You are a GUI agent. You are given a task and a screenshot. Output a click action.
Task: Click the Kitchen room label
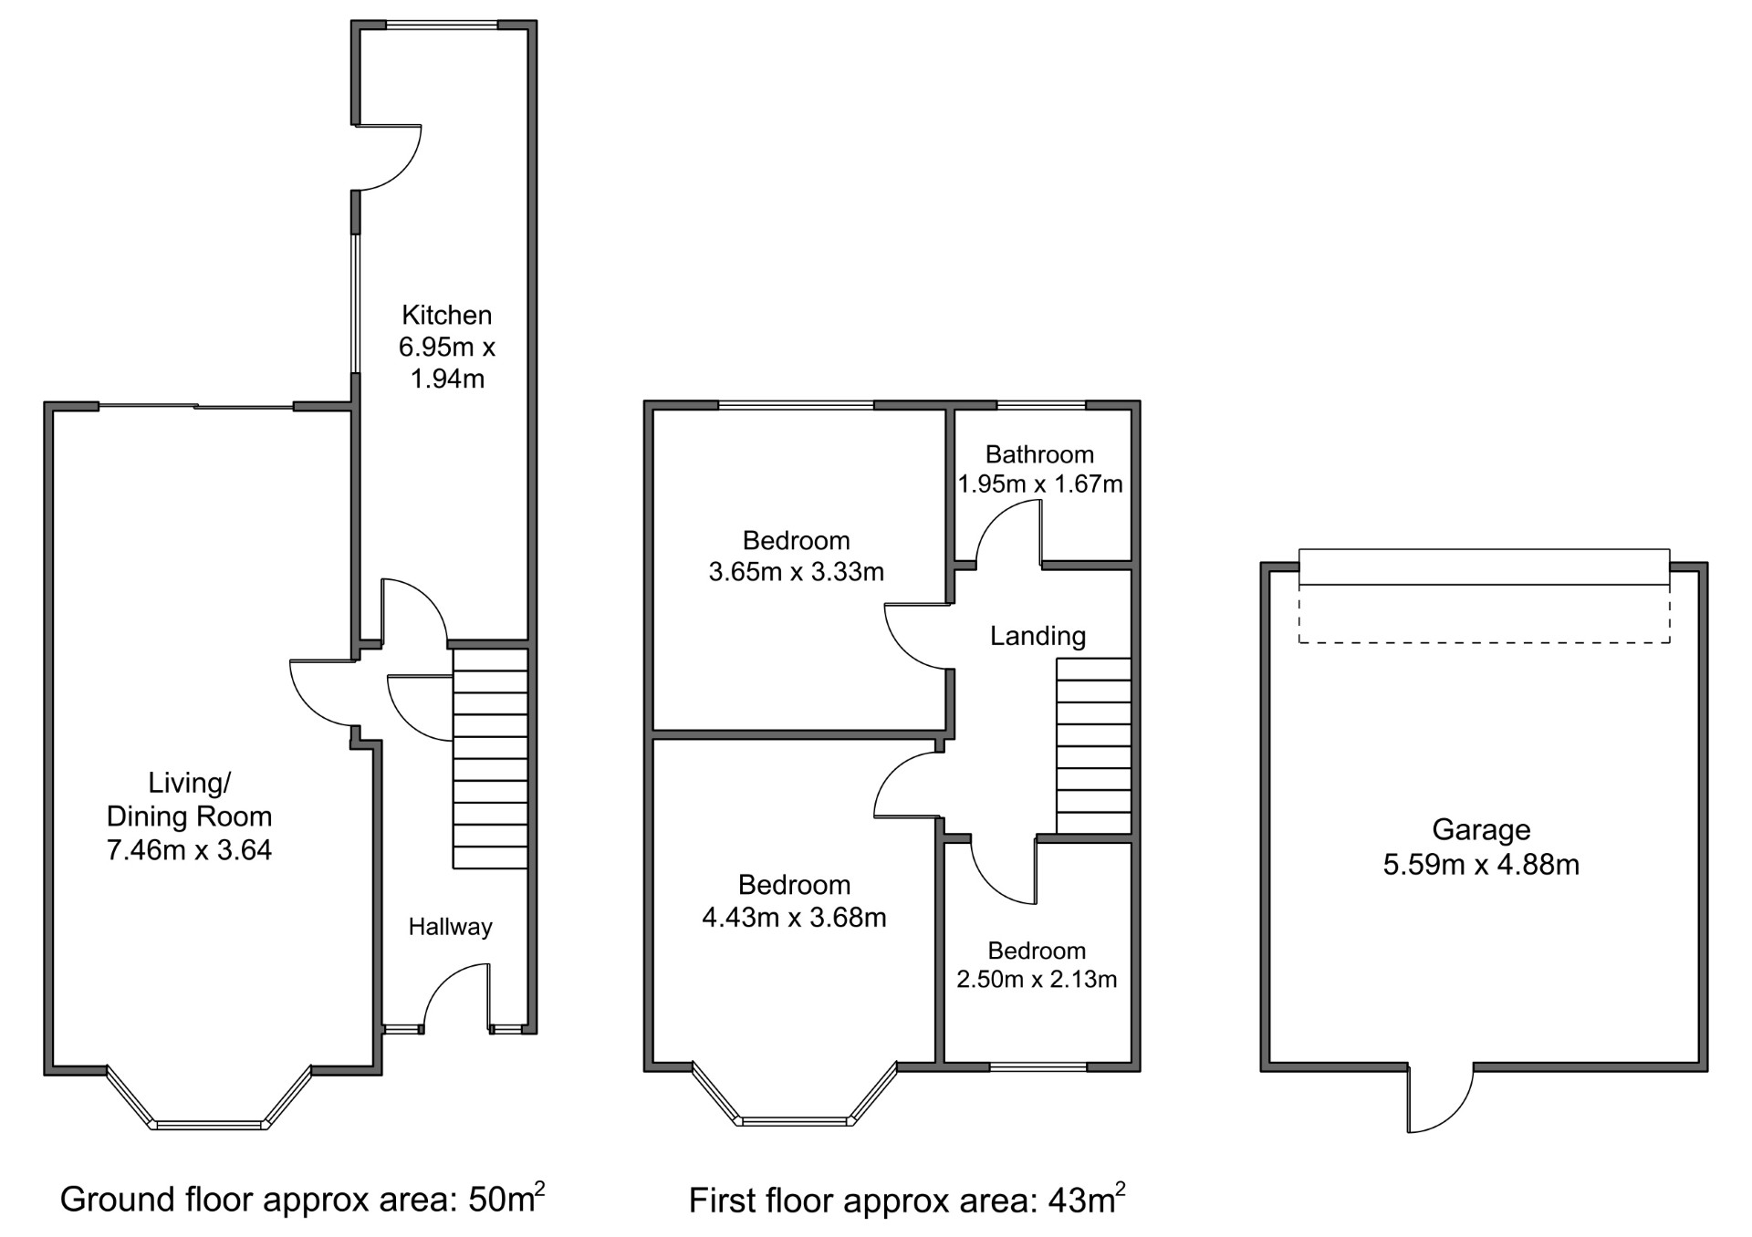click(x=446, y=316)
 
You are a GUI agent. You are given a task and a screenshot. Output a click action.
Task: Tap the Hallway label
click(x=450, y=927)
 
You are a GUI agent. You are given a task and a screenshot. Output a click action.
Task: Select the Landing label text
click(x=1038, y=637)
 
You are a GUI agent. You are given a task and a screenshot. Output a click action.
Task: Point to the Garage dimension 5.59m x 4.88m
click(x=1481, y=864)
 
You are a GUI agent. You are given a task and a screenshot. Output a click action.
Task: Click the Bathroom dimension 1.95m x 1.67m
click(x=1040, y=483)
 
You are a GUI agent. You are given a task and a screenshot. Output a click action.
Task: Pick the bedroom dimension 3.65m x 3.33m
click(x=797, y=572)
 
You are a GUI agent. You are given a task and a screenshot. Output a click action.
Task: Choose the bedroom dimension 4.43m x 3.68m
click(x=794, y=917)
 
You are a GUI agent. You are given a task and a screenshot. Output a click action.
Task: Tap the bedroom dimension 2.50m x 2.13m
click(x=1037, y=979)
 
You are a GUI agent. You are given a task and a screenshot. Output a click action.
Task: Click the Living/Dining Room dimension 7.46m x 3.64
click(x=190, y=850)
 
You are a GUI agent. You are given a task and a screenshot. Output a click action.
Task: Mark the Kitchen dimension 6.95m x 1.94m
click(x=447, y=363)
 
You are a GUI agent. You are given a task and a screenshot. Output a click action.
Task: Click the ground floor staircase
click(x=491, y=758)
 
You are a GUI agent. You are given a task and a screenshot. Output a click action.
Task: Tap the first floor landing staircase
click(x=1094, y=746)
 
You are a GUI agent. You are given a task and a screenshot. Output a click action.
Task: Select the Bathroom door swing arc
click(x=1008, y=533)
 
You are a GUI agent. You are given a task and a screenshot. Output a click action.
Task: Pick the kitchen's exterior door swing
click(x=388, y=157)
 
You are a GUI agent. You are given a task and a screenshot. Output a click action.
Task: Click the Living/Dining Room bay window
click(x=210, y=1098)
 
